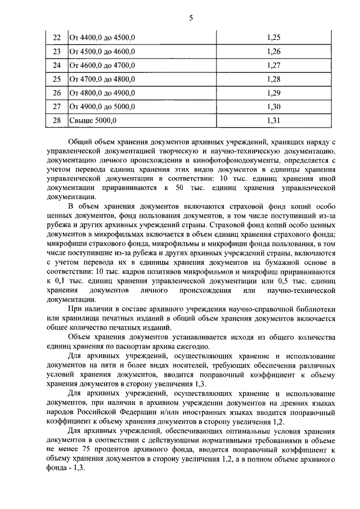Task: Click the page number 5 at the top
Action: coord(190,17)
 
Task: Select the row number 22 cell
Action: coord(56,38)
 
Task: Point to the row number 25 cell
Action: coord(56,79)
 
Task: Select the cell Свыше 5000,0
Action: coord(93,120)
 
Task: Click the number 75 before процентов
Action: coord(92,451)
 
